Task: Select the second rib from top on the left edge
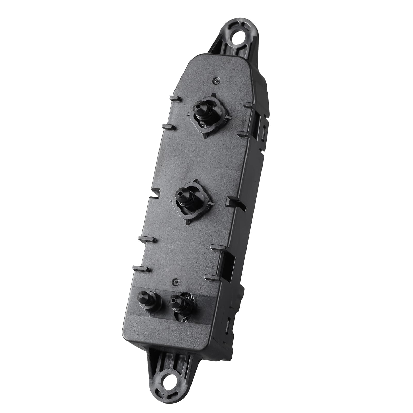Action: click(x=169, y=126)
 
